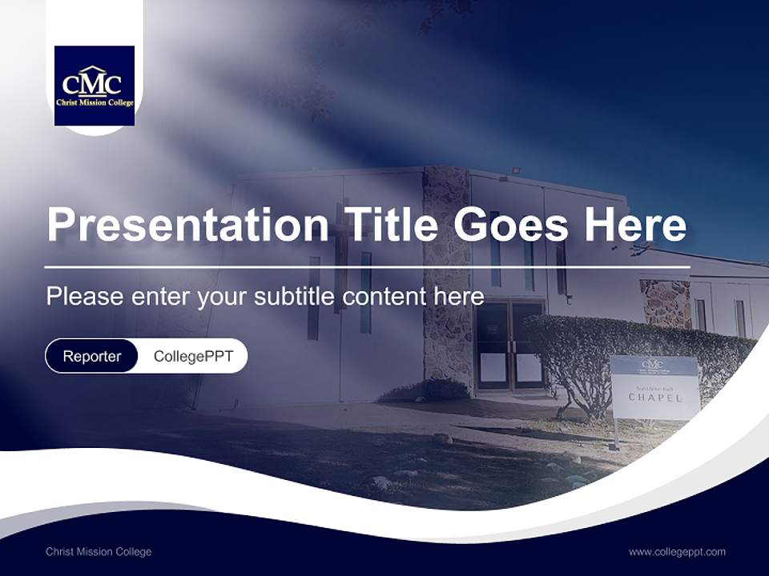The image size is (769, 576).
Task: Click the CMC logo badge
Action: click(x=95, y=86)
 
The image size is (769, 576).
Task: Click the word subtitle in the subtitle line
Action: click(x=296, y=296)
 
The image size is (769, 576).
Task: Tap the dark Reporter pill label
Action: click(x=92, y=356)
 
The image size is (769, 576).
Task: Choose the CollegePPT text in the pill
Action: click(x=193, y=356)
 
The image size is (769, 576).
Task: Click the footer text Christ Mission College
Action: click(x=99, y=551)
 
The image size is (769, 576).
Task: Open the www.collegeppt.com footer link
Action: click(x=677, y=551)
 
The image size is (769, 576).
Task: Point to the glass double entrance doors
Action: click(x=510, y=345)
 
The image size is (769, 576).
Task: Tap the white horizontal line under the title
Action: click(x=368, y=266)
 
